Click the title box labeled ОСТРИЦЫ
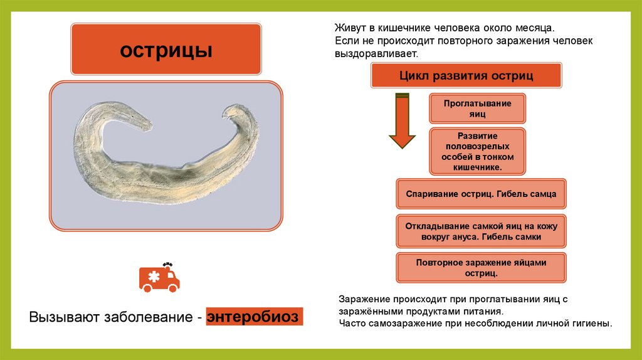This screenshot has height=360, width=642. click(x=166, y=50)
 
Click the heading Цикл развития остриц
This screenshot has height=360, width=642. click(x=466, y=76)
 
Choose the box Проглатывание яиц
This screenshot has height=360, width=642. click(x=477, y=109)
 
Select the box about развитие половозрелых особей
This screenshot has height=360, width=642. click(x=477, y=152)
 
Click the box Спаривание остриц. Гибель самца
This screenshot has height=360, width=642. click(x=481, y=194)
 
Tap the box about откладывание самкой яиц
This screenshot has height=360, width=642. click(x=481, y=231)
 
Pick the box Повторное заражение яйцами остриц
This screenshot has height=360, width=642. click(x=481, y=268)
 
